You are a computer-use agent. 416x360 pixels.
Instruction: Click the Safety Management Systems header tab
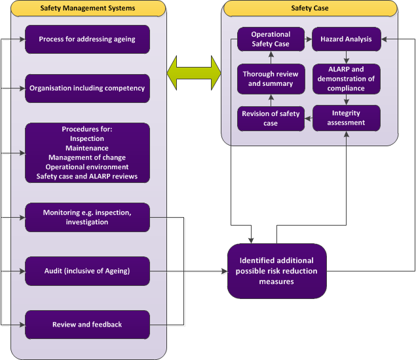[x=88, y=9]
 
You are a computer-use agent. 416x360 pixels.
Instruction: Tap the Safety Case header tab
[x=310, y=9]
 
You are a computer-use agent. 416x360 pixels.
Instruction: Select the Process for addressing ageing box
[x=87, y=39]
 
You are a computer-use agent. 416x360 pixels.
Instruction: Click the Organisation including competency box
[x=87, y=89]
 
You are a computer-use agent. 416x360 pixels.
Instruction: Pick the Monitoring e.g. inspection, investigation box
[x=87, y=218]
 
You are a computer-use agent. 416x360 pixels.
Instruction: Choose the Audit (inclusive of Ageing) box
[x=87, y=270]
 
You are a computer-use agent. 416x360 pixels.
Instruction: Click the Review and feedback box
[x=87, y=325]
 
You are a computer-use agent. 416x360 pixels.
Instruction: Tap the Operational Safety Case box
[x=271, y=39]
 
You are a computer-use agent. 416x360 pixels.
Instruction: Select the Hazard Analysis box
[x=346, y=39]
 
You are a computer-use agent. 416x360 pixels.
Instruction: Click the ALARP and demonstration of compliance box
[x=346, y=79]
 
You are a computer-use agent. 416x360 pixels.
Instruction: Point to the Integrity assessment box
[x=346, y=118]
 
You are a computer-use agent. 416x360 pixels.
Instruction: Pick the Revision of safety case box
[x=271, y=118]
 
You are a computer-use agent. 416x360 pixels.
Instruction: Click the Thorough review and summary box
[x=271, y=79]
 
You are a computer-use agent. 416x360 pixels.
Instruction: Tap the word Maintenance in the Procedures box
[x=87, y=148]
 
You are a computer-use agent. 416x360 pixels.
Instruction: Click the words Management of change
[x=87, y=157]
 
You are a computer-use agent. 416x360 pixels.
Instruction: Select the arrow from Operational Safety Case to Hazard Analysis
[x=309, y=39]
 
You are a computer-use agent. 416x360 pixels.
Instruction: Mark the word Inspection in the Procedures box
[x=87, y=139]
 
